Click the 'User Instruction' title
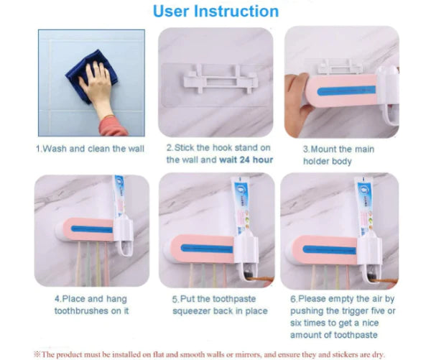pyautogui.click(x=216, y=11)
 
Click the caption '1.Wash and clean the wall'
pyautogui.click(x=90, y=149)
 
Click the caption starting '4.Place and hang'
pyautogui.click(x=91, y=305)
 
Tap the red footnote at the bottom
pyautogui.click(x=215, y=354)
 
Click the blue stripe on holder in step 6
pyautogui.click(x=330, y=250)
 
